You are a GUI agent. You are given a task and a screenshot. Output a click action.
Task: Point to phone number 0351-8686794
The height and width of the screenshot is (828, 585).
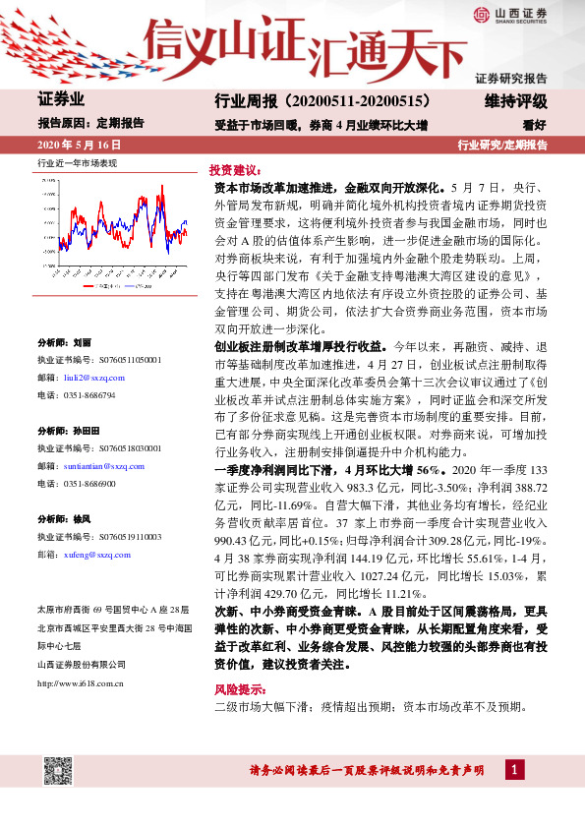89,394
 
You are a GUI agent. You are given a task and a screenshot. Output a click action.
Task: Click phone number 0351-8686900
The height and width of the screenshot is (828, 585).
89,484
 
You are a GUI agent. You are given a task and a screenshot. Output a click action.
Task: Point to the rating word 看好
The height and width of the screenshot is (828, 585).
535,124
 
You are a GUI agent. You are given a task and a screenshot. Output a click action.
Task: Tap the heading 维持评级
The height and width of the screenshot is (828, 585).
515,101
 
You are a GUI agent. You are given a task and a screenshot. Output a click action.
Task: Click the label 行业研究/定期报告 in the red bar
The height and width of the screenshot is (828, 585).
502,146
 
